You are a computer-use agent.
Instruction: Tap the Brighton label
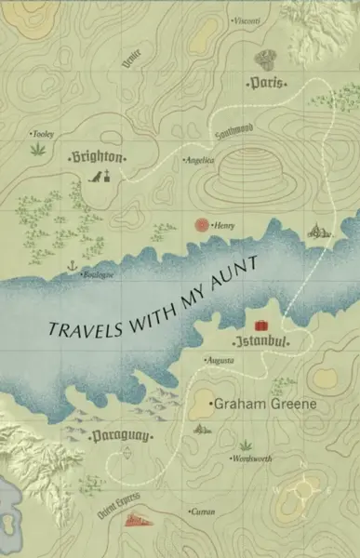click(x=97, y=157)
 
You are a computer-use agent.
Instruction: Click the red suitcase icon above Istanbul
click(x=261, y=323)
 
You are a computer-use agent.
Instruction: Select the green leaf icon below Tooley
click(x=38, y=147)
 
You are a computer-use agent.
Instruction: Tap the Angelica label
click(x=200, y=160)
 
